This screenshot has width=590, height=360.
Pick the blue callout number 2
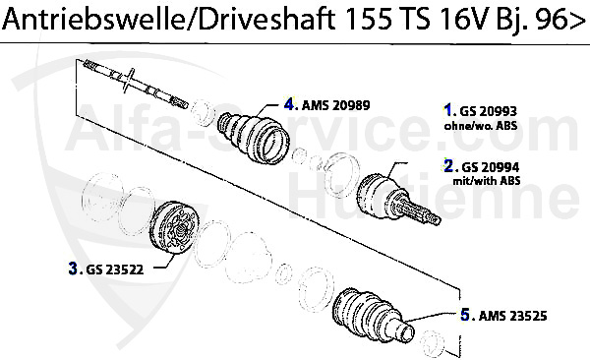point(448,165)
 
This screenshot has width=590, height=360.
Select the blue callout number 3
point(73,267)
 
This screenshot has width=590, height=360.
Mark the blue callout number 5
point(465,315)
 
